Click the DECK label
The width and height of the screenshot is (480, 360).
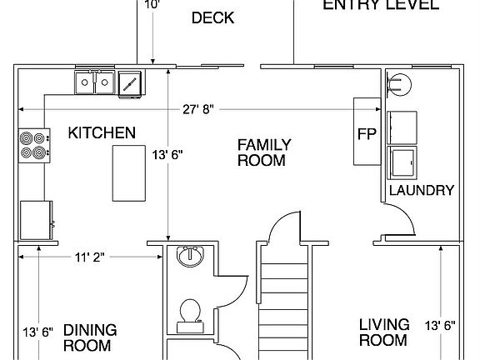click(212, 18)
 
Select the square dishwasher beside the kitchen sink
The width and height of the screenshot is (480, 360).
click(129, 82)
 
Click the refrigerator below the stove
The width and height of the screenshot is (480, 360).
click(35, 219)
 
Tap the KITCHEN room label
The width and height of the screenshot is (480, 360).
click(101, 133)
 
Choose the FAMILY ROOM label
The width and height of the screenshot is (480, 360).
click(262, 152)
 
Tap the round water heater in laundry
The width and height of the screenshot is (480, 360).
click(399, 83)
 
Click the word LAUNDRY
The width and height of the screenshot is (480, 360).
click(422, 190)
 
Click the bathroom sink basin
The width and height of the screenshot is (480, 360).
click(192, 257)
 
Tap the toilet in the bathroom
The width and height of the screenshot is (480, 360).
click(191, 312)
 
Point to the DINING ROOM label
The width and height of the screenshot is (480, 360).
click(90, 337)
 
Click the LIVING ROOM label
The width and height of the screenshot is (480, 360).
click(384, 332)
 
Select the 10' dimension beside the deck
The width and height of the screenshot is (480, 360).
click(152, 4)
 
